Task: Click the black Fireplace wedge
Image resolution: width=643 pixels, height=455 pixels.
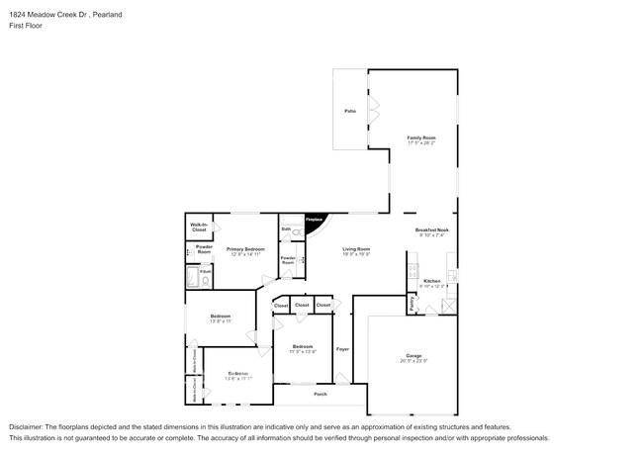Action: pos(314,224)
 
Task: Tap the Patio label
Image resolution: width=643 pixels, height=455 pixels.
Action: pos(350,111)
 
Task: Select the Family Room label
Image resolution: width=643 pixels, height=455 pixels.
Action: pos(421,138)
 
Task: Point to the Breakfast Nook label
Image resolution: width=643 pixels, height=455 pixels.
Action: pos(432,231)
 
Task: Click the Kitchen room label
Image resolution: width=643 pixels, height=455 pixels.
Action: pos(432,282)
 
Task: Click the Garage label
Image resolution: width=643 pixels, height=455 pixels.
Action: pos(413,356)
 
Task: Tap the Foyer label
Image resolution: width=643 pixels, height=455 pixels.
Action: pos(342,349)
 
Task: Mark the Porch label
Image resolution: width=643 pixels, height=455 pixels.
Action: pos(321,394)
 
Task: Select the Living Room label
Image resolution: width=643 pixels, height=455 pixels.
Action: pos(356,249)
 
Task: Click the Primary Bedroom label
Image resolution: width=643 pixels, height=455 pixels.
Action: pos(244,250)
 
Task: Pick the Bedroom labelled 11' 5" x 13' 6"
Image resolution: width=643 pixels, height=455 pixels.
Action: pos(302,347)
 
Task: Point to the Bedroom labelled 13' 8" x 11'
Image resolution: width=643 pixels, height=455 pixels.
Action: pos(220,318)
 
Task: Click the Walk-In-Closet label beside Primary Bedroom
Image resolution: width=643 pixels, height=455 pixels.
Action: pos(199,227)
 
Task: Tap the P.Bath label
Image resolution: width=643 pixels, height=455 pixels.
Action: pos(205,270)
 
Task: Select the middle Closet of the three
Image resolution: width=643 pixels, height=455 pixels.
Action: pos(302,306)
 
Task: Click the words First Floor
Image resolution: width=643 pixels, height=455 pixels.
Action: pos(27,27)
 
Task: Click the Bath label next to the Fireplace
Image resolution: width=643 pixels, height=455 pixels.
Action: pos(285,228)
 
